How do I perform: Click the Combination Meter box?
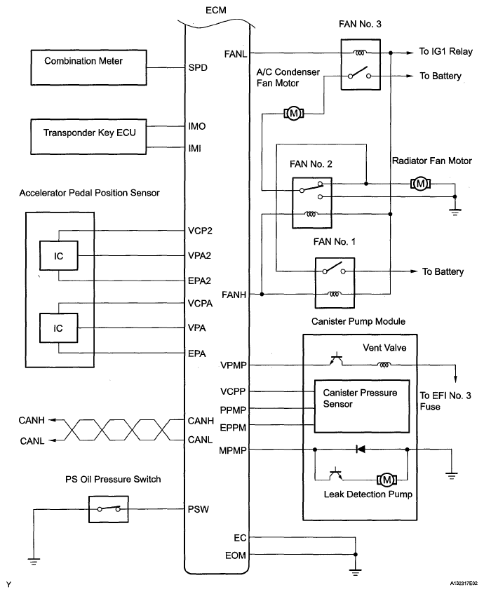click(88, 67)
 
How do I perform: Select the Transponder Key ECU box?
click(88, 137)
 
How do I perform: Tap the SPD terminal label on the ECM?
click(198, 68)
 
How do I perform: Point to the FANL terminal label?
click(236, 54)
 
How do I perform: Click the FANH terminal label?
click(234, 295)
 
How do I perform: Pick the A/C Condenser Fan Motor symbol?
click(294, 113)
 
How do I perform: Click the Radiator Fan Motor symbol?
click(420, 184)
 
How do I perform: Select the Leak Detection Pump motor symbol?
click(386, 480)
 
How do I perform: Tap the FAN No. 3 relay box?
click(361, 65)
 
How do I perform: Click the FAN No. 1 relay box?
click(335, 283)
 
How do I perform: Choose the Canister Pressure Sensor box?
click(362, 406)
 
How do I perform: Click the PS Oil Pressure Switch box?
click(109, 509)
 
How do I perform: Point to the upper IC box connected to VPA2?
click(59, 256)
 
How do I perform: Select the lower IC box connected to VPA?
click(59, 328)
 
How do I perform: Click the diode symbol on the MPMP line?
click(361, 450)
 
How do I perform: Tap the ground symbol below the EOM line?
click(355, 572)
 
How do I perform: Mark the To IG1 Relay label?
click(445, 51)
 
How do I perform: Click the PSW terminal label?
click(199, 509)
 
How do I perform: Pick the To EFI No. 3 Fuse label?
click(445, 401)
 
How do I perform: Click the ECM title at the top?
click(215, 11)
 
